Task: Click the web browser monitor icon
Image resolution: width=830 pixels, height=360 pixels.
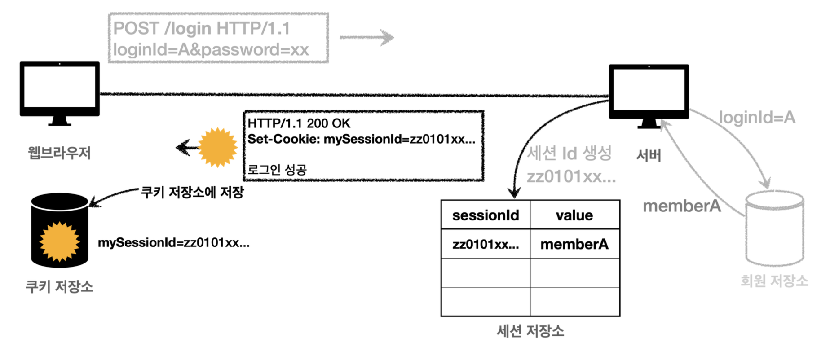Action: [x=60, y=92]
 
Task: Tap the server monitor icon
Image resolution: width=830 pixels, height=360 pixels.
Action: [x=649, y=94]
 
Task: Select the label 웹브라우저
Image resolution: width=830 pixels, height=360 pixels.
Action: [x=59, y=153]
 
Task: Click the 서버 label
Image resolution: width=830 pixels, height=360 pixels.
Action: [x=649, y=155]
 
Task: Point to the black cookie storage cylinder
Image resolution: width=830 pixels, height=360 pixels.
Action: [x=60, y=230]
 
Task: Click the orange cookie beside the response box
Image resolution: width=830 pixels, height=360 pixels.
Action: [x=217, y=147]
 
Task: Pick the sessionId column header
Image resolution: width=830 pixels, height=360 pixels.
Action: [x=486, y=215]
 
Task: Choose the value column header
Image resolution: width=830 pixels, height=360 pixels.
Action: [x=574, y=215]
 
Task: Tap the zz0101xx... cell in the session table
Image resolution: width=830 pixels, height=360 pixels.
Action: [x=486, y=244]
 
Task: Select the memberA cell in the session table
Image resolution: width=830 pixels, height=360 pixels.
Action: [x=574, y=244]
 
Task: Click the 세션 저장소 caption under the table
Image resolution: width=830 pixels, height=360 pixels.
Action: [x=530, y=331]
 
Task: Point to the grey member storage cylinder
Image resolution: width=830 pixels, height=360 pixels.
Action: [x=774, y=229]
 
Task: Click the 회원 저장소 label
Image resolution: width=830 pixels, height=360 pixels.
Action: [x=774, y=281]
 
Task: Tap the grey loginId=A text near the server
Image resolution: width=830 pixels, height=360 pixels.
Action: [x=757, y=118]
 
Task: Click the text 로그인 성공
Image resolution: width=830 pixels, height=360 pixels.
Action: [x=277, y=170]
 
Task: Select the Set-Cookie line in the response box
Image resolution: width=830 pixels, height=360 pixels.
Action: [x=361, y=139]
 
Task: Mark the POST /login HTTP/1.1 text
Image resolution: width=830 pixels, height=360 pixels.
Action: [x=201, y=28]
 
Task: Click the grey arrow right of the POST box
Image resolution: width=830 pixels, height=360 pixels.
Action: [x=366, y=37]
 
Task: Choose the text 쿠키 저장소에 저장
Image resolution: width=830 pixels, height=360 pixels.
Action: [x=192, y=192]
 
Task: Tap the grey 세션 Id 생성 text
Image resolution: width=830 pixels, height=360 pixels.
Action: [x=569, y=154]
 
